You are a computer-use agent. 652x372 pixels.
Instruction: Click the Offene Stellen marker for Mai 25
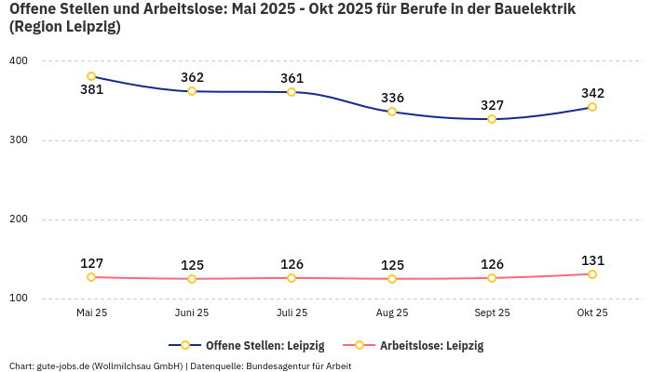(x=91, y=76)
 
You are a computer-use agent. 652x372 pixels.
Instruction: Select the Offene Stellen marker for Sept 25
(x=492, y=119)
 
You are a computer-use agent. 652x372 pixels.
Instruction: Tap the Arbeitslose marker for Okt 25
(x=592, y=274)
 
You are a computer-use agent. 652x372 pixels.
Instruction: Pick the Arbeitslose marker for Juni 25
(x=192, y=279)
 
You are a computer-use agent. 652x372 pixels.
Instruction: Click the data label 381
(x=91, y=90)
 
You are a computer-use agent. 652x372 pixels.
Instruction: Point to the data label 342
(x=592, y=93)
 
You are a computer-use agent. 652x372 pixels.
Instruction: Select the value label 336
(x=392, y=98)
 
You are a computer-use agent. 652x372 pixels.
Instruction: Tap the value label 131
(x=592, y=260)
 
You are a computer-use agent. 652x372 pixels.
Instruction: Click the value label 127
(x=91, y=263)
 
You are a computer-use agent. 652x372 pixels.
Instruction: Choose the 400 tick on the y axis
(x=19, y=61)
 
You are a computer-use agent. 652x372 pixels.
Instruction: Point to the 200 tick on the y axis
(x=19, y=219)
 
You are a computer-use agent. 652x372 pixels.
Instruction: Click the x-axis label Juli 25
(x=292, y=313)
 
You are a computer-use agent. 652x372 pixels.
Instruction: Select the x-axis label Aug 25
(x=392, y=313)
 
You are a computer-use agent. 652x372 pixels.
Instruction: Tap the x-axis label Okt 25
(x=592, y=313)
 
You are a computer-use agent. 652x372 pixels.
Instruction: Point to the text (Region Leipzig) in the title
(x=64, y=27)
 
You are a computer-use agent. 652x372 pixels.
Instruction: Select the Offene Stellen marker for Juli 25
(x=292, y=92)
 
